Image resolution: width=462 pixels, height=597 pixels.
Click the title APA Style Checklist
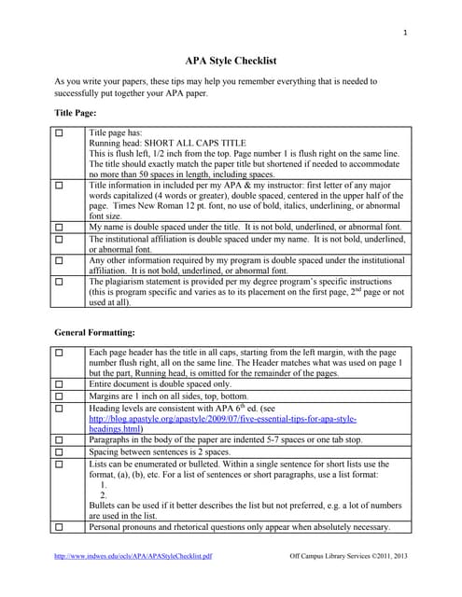[231, 60]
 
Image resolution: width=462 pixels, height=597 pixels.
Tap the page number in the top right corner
[405, 34]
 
